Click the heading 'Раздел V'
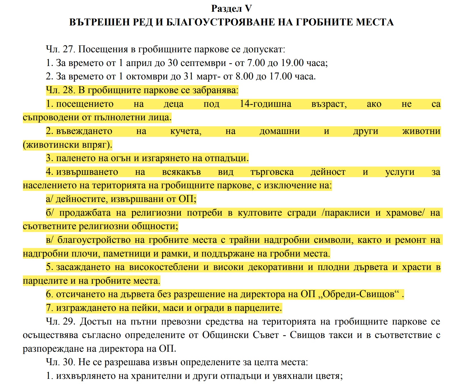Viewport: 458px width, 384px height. tap(231, 9)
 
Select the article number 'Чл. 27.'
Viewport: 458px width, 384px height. tap(60, 49)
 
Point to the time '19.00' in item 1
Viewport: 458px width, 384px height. tap(292, 63)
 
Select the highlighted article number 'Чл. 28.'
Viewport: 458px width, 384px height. tap(60, 90)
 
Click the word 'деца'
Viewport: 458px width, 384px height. tap(173, 104)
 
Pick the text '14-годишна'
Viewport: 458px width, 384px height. tap(265, 104)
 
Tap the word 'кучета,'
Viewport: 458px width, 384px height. tap(186, 131)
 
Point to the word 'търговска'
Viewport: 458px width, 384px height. tap(272, 172)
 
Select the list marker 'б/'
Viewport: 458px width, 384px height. tap(50, 213)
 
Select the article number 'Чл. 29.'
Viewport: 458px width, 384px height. tap(60, 322)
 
